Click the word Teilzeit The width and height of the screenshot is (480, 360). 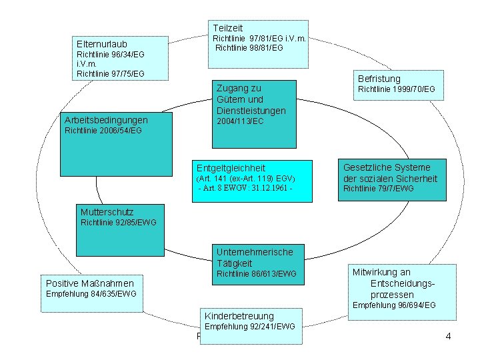[228, 27]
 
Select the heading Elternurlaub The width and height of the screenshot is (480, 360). [102, 44]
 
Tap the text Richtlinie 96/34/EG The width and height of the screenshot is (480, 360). [111, 54]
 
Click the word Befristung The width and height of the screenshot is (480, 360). [379, 78]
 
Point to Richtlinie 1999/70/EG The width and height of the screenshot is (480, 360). [396, 89]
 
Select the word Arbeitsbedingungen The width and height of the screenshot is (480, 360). [106, 120]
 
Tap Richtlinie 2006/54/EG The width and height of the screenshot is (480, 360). [103, 131]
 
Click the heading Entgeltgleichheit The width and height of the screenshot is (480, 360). [231, 168]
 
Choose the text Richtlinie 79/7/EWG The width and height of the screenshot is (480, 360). [378, 189]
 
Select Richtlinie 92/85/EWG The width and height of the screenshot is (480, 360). [118, 222]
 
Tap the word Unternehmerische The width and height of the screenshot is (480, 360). [255, 251]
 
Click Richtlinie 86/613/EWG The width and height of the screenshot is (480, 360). [257, 274]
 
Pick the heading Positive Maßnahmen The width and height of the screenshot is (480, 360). [85, 283]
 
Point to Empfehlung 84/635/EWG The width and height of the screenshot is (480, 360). [91, 294]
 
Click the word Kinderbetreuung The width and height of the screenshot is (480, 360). [239, 315]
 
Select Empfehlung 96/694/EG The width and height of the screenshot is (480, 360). [393, 305]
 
